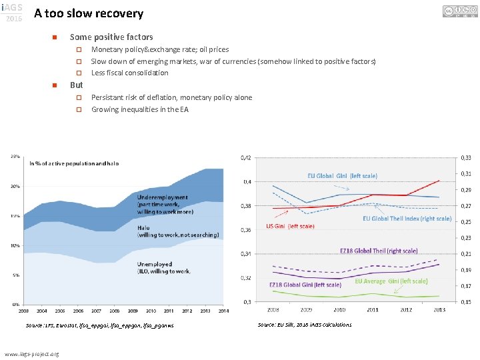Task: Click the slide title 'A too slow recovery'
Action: coord(89,13)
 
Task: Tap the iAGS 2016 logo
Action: coord(13,12)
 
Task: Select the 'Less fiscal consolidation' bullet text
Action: coord(129,73)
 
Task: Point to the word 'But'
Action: coord(77,85)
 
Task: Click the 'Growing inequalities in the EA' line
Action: coord(139,109)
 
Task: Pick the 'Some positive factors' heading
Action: coord(111,37)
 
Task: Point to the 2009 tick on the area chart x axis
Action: coord(133,310)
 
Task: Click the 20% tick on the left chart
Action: coord(15,187)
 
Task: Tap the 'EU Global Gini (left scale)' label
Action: coord(342,175)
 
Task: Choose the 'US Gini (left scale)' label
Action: coord(290,226)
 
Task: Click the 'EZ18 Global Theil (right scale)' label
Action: coord(379,251)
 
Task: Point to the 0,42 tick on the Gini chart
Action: coord(247,157)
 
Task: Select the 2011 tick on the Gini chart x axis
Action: coord(374,309)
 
